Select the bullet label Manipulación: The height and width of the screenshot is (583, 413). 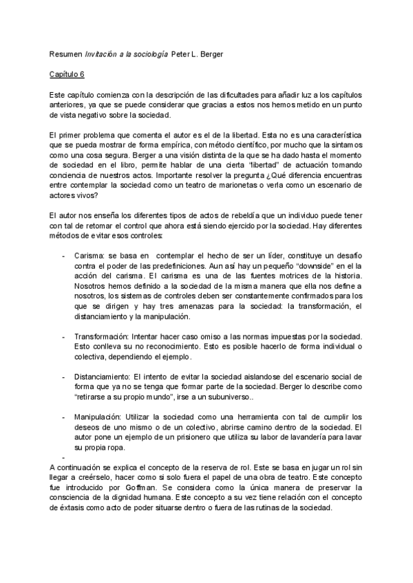(x=97, y=417)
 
